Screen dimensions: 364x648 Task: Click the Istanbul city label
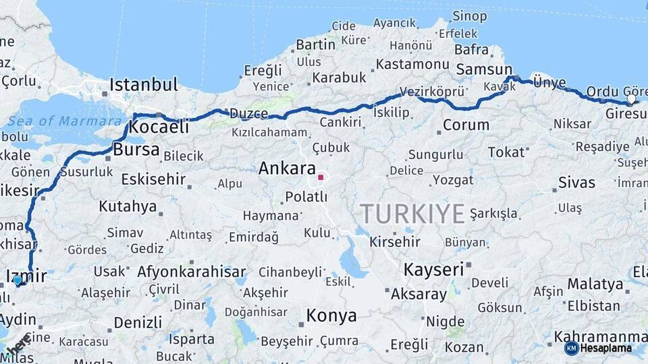pyautogui.click(x=144, y=85)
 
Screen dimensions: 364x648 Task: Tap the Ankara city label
pyautogui.click(x=287, y=169)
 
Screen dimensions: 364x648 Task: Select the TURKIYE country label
pyautogui.click(x=412, y=214)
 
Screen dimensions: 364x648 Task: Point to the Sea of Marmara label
pyautogui.click(x=65, y=121)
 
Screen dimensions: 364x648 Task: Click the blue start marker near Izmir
pyautogui.click(x=18, y=280)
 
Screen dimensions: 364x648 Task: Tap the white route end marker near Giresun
pyautogui.click(x=631, y=99)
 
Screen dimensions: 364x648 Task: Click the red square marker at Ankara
pyautogui.click(x=321, y=178)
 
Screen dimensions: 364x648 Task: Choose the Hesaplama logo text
pyautogui.click(x=606, y=348)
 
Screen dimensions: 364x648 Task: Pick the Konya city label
pyautogui.click(x=331, y=315)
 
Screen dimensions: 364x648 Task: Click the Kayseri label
pyautogui.click(x=433, y=270)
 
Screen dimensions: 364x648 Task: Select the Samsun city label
pyautogui.click(x=484, y=69)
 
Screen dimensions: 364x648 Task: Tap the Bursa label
pyautogui.click(x=136, y=150)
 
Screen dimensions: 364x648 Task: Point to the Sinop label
pyautogui.click(x=469, y=16)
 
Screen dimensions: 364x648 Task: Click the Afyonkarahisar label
pyautogui.click(x=192, y=272)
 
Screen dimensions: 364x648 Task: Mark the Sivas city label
pyautogui.click(x=577, y=183)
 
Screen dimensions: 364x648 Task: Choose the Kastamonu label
pyautogui.click(x=412, y=64)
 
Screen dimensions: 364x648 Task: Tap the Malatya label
pyautogui.click(x=595, y=284)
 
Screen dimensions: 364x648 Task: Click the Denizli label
pyautogui.click(x=138, y=322)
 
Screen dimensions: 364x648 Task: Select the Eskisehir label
pyautogui.click(x=153, y=179)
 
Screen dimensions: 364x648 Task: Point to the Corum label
pyautogui.click(x=466, y=125)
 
